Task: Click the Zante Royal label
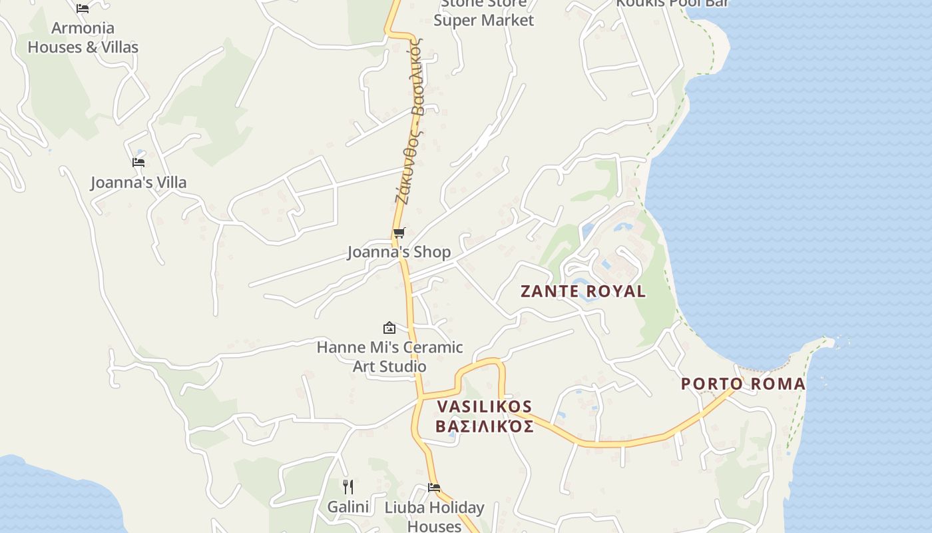click(x=582, y=291)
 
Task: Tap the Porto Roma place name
click(x=743, y=384)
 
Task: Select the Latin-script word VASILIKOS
click(x=485, y=406)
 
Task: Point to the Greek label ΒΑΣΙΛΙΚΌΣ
click(x=485, y=426)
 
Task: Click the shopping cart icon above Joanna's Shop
click(x=399, y=233)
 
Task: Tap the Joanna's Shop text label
click(x=399, y=252)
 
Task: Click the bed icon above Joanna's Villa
click(x=138, y=162)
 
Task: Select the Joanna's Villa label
click(x=138, y=183)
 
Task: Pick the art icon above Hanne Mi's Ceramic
click(x=389, y=328)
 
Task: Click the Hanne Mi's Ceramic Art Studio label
click(x=389, y=356)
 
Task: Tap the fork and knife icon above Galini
click(x=348, y=487)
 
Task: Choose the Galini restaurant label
click(x=348, y=507)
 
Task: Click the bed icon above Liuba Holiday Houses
click(x=434, y=488)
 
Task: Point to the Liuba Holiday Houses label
click(x=434, y=516)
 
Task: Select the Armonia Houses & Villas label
click(x=83, y=37)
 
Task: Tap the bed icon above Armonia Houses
click(x=83, y=8)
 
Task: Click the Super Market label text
click(x=484, y=20)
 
